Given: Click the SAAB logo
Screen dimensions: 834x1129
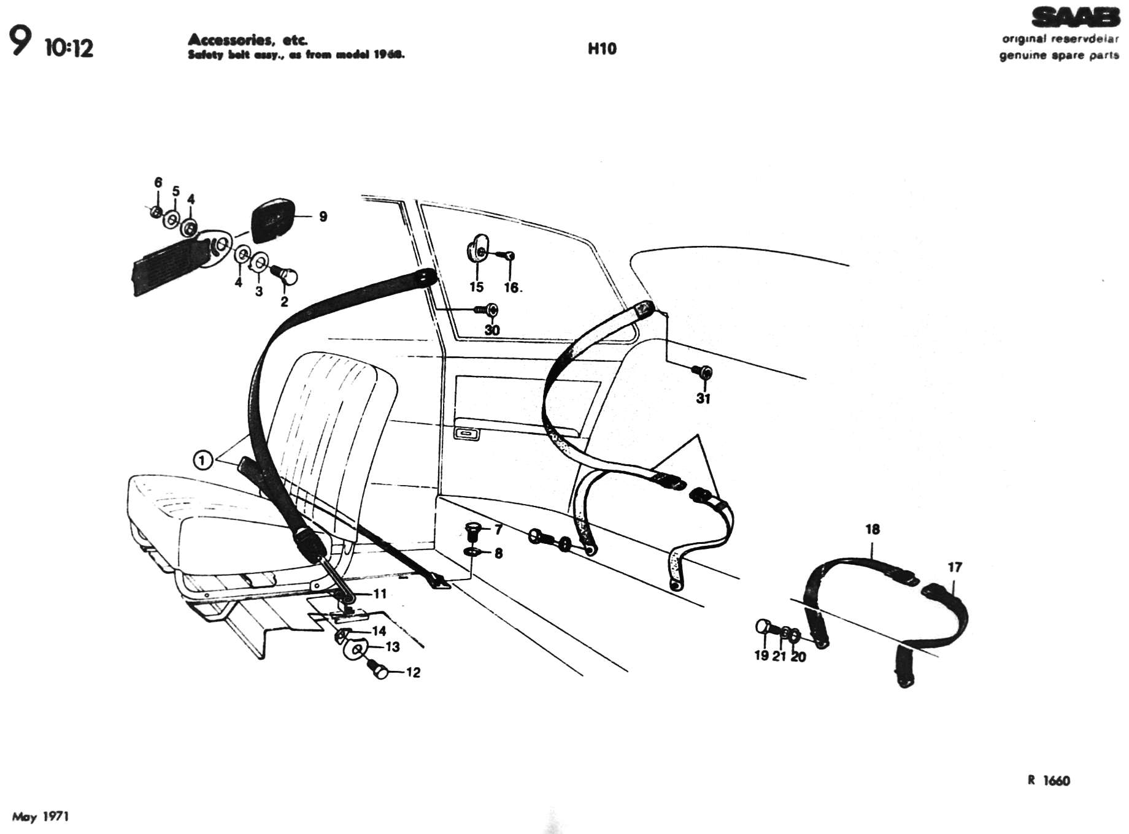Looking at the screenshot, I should click(1076, 18).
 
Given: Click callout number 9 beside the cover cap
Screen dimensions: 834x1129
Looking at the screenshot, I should click(323, 216).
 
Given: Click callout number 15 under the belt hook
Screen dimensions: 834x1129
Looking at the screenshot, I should click(476, 287).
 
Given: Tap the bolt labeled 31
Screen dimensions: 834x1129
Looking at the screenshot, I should click(703, 372).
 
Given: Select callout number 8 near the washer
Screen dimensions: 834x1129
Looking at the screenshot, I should click(498, 554).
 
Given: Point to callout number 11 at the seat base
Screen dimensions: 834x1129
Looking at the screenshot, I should click(380, 594).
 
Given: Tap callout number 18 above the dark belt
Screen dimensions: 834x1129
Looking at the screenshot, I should click(872, 529).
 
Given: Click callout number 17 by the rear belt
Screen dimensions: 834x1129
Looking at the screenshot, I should click(955, 567).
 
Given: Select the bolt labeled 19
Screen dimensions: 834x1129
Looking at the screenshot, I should click(763, 627).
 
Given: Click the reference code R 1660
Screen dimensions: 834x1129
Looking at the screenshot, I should click(1049, 781).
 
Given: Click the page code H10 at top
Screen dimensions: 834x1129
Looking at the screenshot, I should click(601, 48).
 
